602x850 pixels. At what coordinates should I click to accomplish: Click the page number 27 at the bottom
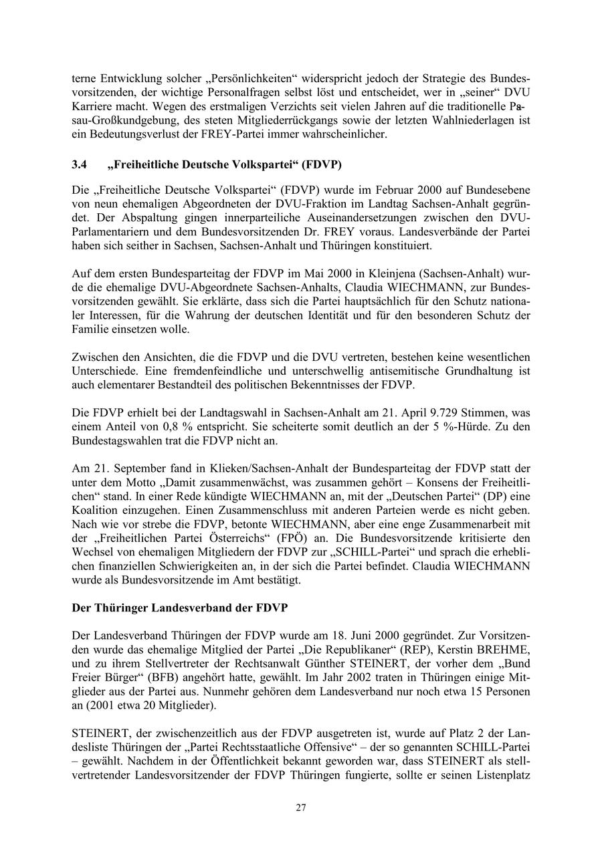click(x=301, y=807)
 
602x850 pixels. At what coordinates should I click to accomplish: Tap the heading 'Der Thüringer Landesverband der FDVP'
click(x=180, y=608)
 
